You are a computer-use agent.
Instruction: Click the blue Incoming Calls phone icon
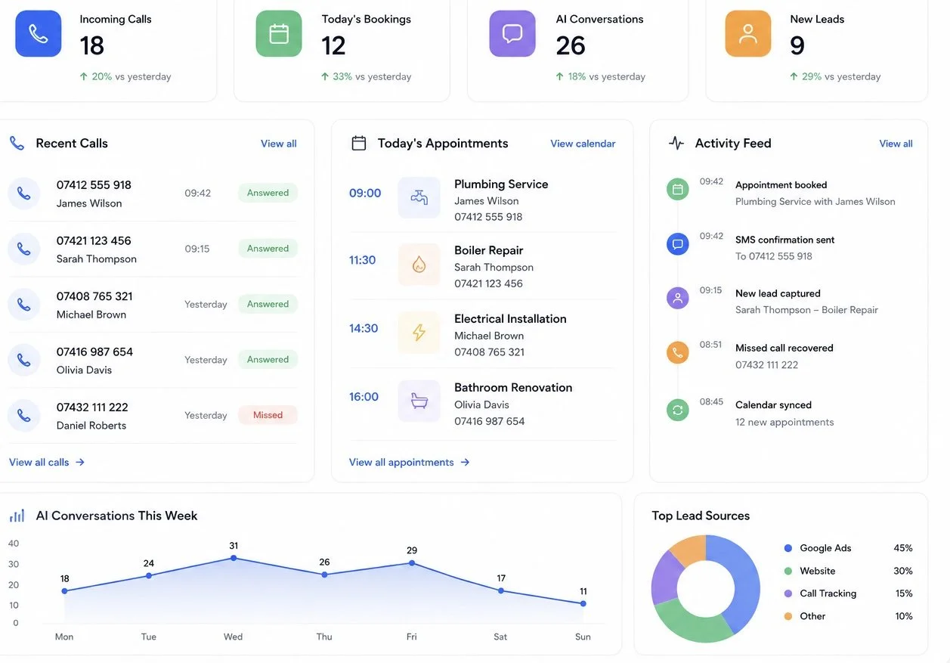click(39, 33)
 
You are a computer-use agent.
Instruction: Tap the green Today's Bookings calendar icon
click(279, 33)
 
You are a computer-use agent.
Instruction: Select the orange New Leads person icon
click(747, 33)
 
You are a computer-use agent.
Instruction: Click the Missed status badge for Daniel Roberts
click(268, 415)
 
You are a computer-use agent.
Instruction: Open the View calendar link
click(583, 144)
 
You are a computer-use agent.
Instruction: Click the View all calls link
click(47, 462)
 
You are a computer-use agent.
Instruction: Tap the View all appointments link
click(410, 462)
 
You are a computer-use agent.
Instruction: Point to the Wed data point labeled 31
click(234, 558)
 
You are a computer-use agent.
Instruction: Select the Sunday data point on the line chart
click(583, 603)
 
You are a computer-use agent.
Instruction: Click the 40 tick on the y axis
click(14, 544)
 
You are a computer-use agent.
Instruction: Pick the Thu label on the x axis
click(324, 637)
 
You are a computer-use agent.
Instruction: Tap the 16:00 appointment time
click(364, 397)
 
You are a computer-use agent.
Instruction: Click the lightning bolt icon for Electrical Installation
click(419, 332)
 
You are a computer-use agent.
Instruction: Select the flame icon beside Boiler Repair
click(419, 265)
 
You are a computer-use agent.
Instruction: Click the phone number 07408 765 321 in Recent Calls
click(94, 296)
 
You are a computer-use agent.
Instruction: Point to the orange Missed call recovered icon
click(677, 352)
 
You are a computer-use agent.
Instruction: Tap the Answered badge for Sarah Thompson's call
click(268, 248)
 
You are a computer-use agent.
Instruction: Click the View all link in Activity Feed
click(896, 144)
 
